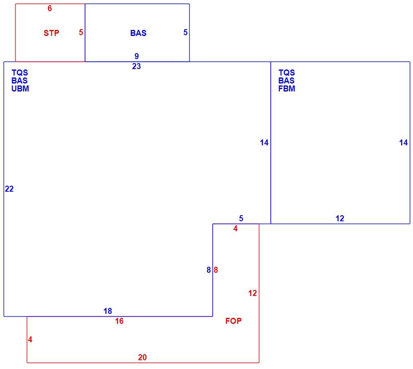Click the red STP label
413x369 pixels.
[51, 33]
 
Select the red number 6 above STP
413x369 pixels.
[50, 8]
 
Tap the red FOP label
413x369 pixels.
[233, 321]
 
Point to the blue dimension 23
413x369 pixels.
[136, 66]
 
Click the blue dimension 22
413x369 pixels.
[9, 189]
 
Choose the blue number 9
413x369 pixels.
[137, 56]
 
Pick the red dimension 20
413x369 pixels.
[142, 357]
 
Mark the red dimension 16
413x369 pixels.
[119, 321]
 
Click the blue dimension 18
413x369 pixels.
[108, 311]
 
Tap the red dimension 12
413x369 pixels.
[253, 293]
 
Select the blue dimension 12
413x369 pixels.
[340, 218]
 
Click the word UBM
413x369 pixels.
[20, 89]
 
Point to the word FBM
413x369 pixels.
[287, 89]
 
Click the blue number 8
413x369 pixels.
[209, 270]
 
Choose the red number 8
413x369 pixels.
[216, 270]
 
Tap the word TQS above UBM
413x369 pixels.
[20, 73]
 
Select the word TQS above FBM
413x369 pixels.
[287, 73]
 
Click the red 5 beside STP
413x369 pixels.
[81, 32]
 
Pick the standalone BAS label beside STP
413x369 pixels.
[138, 33]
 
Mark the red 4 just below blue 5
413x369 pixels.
[235, 229]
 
